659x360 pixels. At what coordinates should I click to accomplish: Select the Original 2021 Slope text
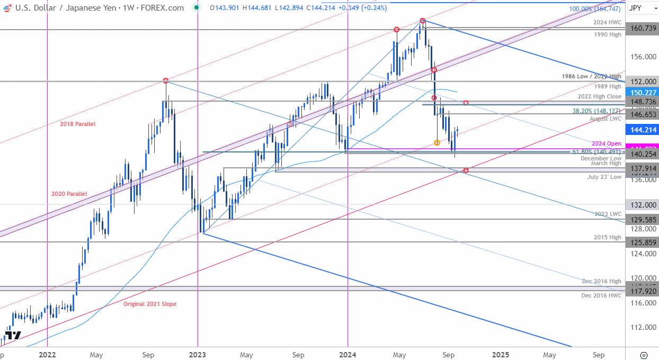[149, 304]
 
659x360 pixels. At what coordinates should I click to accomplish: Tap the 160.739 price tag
[642, 30]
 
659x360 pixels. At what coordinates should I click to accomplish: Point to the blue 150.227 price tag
[642, 92]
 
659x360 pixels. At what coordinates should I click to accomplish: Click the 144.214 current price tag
[642, 129]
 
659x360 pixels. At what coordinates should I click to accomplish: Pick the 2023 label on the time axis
[197, 355]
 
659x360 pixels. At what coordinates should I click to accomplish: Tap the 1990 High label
[608, 34]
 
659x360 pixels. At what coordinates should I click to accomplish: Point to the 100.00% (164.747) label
[594, 9]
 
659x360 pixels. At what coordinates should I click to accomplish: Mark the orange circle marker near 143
[437, 142]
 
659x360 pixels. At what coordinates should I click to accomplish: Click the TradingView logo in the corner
[13, 335]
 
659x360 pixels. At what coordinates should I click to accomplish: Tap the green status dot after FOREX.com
[197, 8]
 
